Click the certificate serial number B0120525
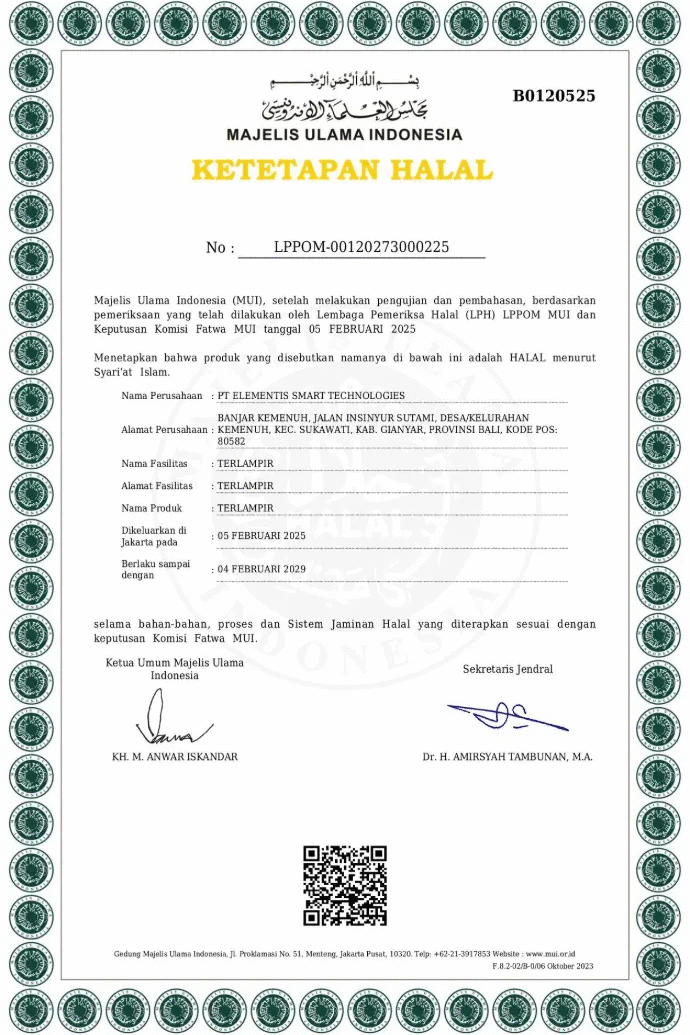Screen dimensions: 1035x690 [554, 96]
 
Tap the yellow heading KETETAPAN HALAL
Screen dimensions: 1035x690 [342, 170]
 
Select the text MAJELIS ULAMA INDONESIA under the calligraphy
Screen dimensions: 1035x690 [344, 134]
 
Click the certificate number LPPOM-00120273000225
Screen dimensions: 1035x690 [361, 247]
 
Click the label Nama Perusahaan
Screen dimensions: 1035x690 [160, 396]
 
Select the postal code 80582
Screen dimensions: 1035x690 [231, 441]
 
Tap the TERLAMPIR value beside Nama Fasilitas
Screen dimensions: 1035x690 [245, 464]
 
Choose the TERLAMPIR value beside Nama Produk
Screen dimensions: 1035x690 [245, 508]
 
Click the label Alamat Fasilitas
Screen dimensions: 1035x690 [157, 486]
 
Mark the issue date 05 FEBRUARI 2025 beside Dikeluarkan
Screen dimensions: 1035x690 [261, 536]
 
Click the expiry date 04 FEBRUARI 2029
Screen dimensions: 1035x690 [261, 569]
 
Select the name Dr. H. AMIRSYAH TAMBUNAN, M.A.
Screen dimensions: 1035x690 [507, 757]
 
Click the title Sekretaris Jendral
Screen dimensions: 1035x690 [507, 669]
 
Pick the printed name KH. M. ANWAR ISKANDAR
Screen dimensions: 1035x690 [175, 757]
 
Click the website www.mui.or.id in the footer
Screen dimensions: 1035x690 [550, 954]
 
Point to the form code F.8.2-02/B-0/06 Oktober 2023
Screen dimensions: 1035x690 [543, 966]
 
